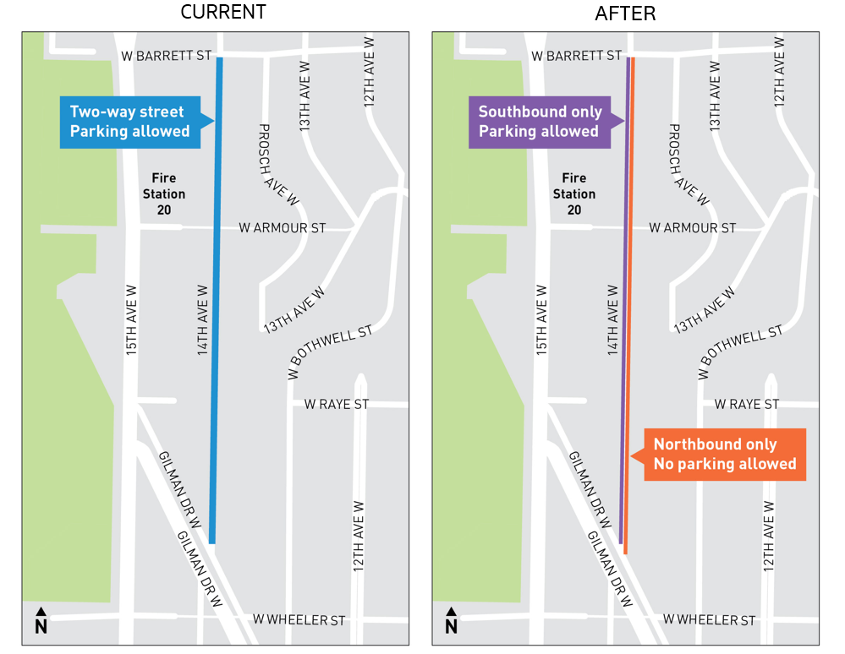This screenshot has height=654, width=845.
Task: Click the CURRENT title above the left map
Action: click(224, 13)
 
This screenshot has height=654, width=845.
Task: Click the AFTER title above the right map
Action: click(625, 13)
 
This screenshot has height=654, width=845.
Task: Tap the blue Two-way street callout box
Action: click(129, 122)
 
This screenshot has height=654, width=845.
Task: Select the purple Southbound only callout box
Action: click(540, 122)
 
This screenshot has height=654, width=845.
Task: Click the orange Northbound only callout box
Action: click(724, 455)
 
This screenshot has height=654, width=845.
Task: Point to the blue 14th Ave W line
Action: click(216, 296)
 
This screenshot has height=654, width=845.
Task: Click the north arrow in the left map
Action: click(41, 620)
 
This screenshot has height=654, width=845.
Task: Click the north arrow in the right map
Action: click(451, 620)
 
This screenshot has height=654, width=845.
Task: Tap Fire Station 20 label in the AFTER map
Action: click(573, 193)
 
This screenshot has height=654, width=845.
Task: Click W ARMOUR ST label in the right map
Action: click(692, 228)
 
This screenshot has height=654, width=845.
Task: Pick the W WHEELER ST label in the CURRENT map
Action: click(299, 620)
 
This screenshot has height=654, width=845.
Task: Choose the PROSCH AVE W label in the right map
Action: click(689, 165)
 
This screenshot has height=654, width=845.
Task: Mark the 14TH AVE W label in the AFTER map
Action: click(613, 319)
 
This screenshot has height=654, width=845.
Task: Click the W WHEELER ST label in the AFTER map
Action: click(709, 620)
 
